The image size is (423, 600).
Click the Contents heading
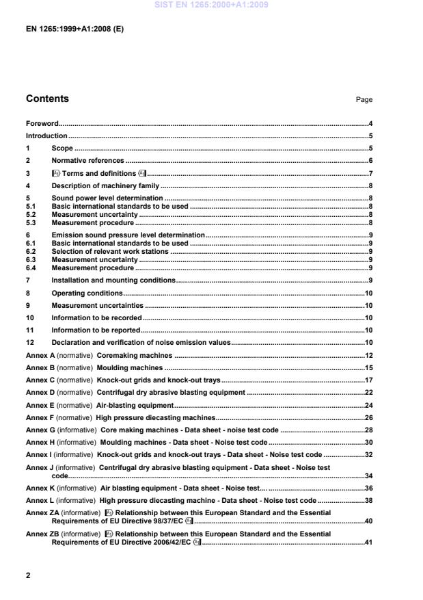click(x=47, y=99)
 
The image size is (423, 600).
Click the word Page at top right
click(x=364, y=100)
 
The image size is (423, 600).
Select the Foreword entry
click(x=42, y=124)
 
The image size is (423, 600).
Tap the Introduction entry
click(x=46, y=136)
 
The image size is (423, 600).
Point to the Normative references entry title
click(x=87, y=160)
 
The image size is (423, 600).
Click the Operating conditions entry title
click(x=87, y=293)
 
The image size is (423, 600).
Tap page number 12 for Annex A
click(x=368, y=356)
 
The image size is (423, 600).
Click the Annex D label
click(x=40, y=393)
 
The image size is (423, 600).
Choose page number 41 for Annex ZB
click(x=368, y=543)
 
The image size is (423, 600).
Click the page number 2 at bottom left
click(x=28, y=575)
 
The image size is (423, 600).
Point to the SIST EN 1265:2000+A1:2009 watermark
click(x=212, y=5)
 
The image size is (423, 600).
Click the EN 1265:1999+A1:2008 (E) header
click(x=74, y=30)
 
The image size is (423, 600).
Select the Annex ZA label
click(x=42, y=512)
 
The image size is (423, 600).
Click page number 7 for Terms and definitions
click(x=370, y=173)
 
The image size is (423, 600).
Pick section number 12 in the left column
click(x=29, y=342)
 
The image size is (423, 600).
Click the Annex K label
click(x=40, y=488)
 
